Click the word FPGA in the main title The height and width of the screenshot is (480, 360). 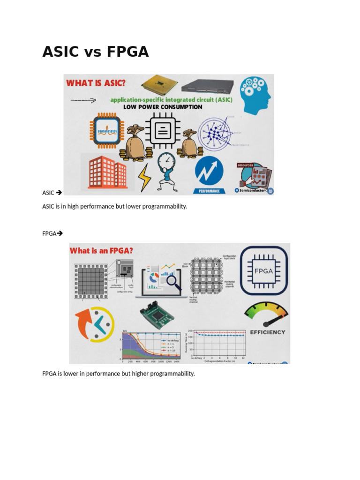click(x=127, y=52)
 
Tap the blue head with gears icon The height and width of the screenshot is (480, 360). click(x=255, y=94)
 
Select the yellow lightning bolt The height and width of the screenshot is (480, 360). click(x=144, y=178)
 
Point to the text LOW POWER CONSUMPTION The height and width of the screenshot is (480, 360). click(x=163, y=107)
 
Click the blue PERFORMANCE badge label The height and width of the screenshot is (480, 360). click(x=209, y=191)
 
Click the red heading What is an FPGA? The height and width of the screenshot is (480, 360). click(x=101, y=251)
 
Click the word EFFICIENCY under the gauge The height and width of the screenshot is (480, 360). click(x=268, y=332)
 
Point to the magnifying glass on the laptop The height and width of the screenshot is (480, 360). click(x=174, y=282)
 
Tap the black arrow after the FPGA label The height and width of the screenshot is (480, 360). click(x=60, y=233)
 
